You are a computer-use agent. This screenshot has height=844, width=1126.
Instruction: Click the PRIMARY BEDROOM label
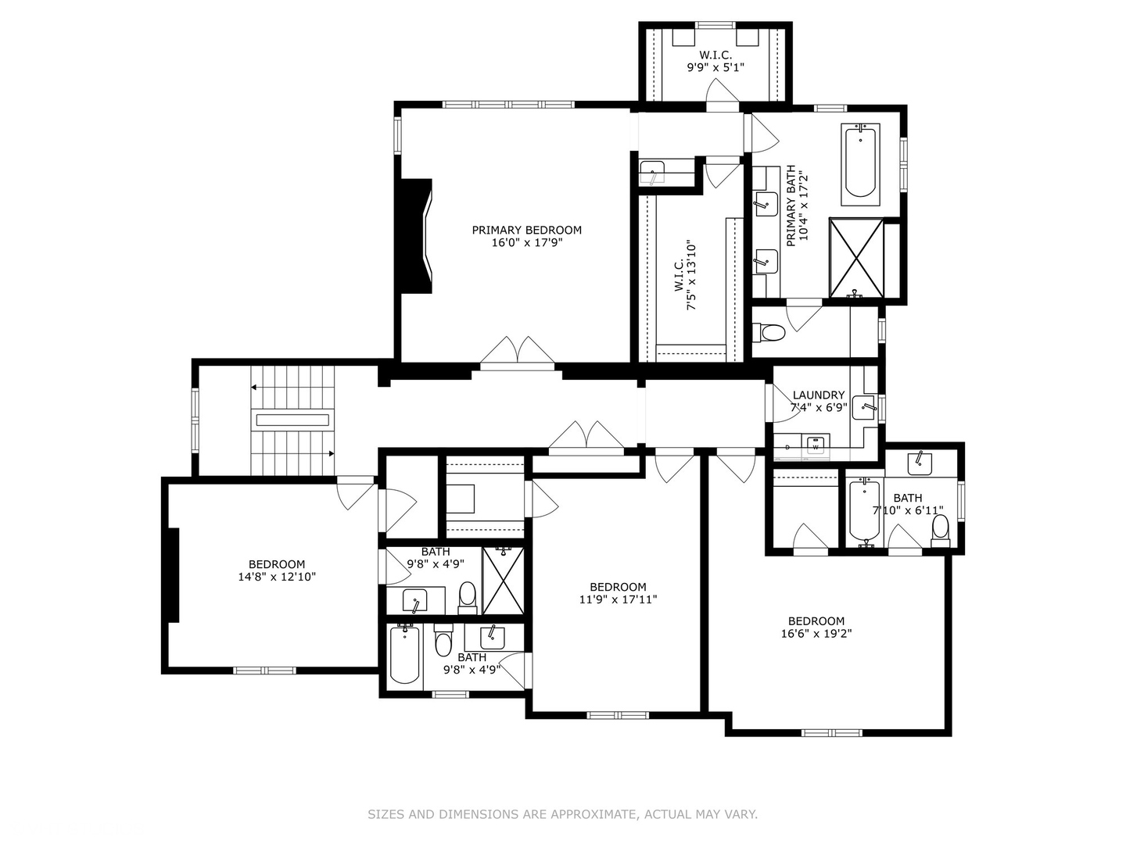[526, 230]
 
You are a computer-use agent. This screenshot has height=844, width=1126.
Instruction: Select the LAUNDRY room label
[818, 395]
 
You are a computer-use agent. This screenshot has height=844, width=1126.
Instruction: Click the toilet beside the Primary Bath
[769, 333]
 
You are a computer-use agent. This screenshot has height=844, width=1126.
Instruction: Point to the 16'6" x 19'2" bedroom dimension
[816, 633]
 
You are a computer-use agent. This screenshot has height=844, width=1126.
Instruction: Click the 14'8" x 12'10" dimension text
[277, 577]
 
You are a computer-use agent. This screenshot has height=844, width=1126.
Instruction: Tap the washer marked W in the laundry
[815, 445]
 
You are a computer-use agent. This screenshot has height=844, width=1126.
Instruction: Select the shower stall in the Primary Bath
[856, 258]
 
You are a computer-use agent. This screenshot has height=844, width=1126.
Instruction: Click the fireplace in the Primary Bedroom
[416, 236]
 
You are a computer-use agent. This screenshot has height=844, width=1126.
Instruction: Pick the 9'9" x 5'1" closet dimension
[715, 67]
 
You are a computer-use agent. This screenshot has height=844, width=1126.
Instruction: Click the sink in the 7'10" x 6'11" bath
[920, 464]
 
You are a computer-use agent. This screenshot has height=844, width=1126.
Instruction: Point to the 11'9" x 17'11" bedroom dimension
[619, 599]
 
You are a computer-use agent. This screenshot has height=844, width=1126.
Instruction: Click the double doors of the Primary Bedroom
[517, 353]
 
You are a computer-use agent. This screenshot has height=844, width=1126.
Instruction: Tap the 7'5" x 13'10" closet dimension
[692, 275]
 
